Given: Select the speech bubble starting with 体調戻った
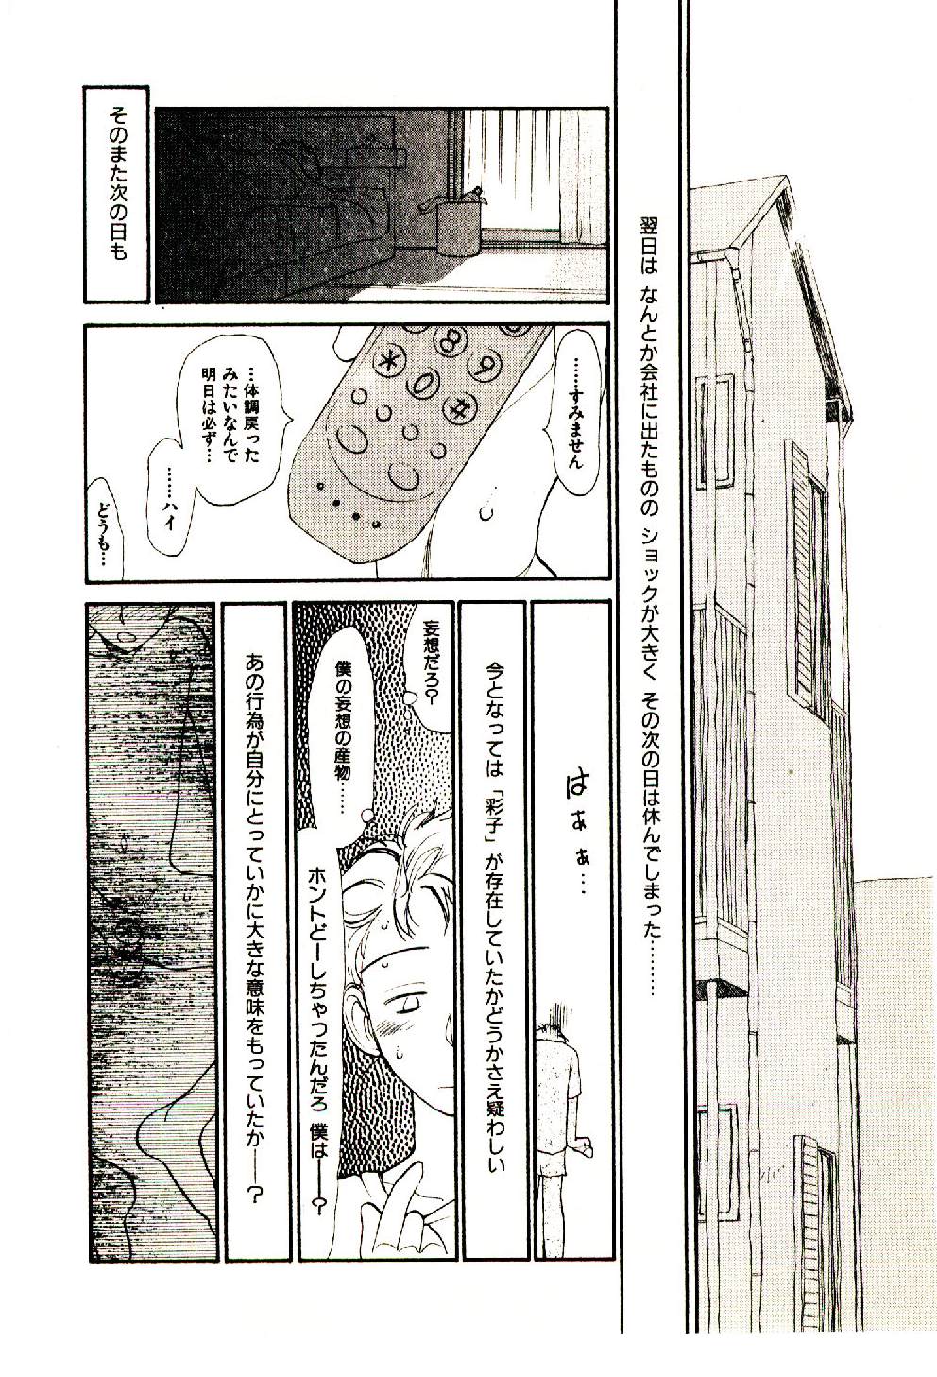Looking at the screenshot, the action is coord(235,417).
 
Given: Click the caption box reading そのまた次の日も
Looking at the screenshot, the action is coord(116,195).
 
